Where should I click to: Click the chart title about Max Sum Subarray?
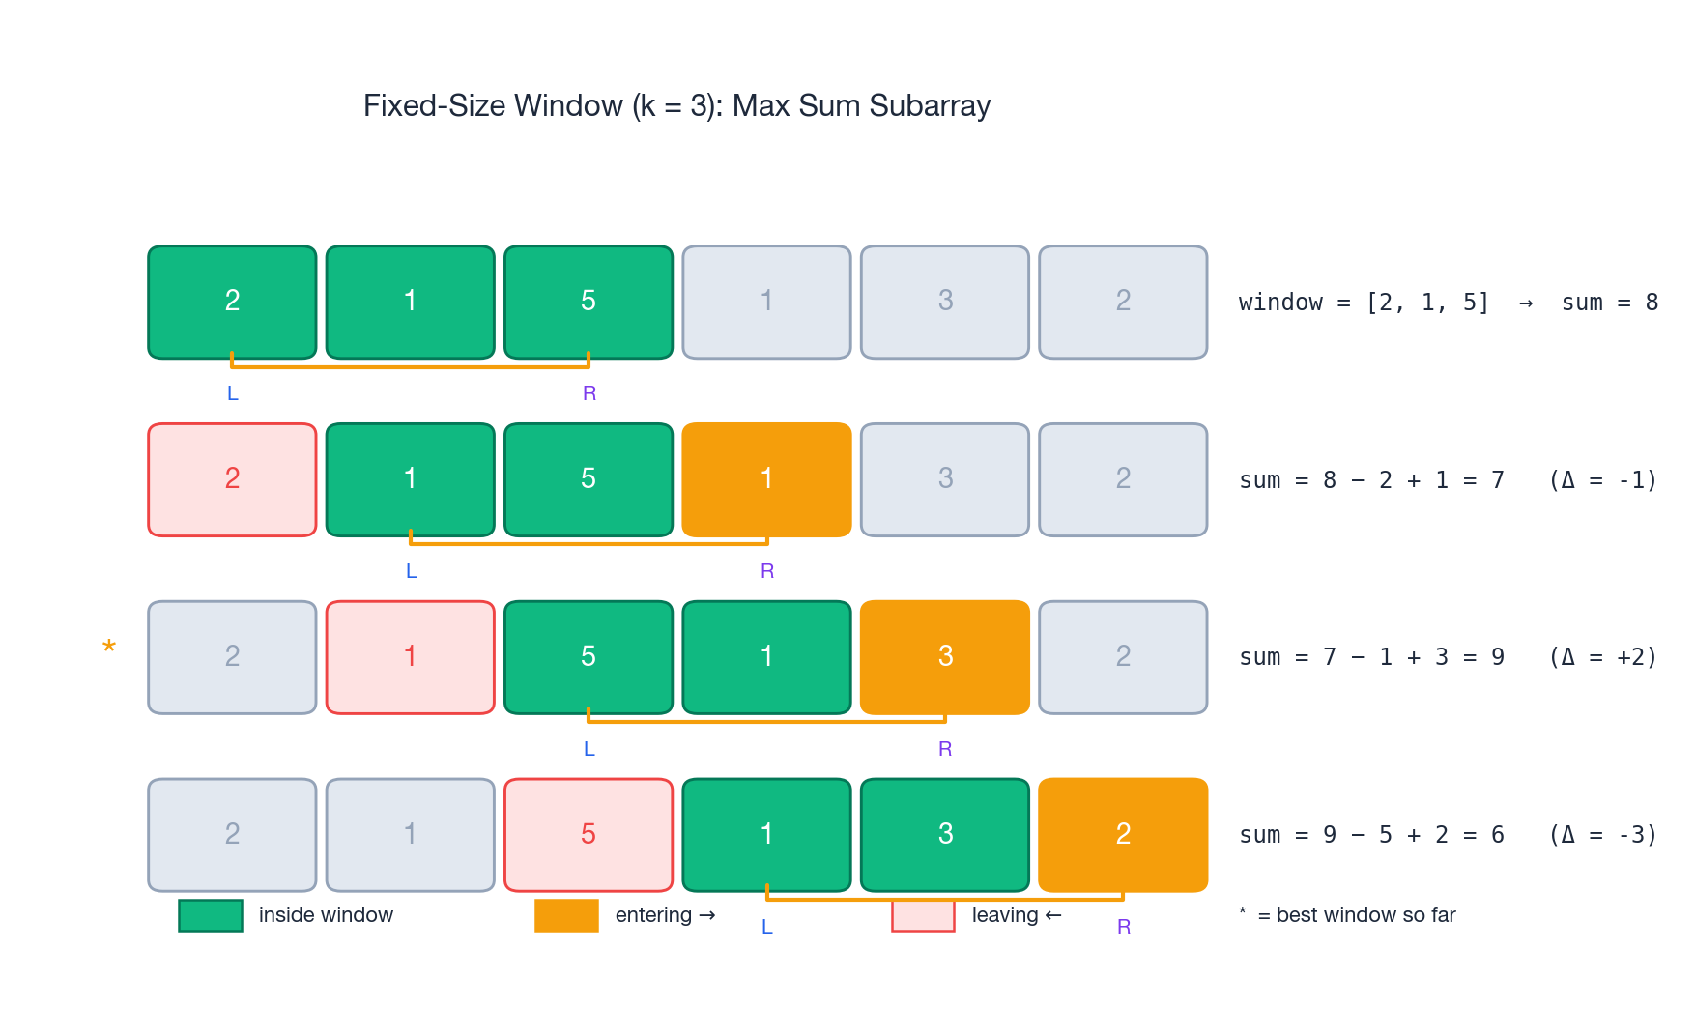pos(676,105)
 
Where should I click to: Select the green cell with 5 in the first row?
pos(589,302)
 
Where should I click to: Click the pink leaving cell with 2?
pos(232,479)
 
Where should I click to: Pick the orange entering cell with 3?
pos(944,657)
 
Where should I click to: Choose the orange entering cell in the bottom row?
pos(1123,835)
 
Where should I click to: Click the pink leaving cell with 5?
pos(589,835)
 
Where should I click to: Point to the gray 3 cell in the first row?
pos(944,302)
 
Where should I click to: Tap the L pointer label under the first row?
pos(232,393)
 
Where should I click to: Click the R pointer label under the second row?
pos(767,571)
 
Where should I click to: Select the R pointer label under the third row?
pos(945,749)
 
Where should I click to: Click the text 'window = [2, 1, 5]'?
pos(1364,303)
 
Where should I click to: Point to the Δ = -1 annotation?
pos(1602,480)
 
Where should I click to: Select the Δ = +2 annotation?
pos(1602,657)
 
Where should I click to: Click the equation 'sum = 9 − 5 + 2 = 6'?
pos(1371,835)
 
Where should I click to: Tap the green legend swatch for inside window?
pos(211,915)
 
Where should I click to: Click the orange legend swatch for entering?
pos(566,915)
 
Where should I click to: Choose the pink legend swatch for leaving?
pos(923,915)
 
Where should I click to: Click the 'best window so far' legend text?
pos(1365,915)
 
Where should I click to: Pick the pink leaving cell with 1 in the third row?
pos(411,657)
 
